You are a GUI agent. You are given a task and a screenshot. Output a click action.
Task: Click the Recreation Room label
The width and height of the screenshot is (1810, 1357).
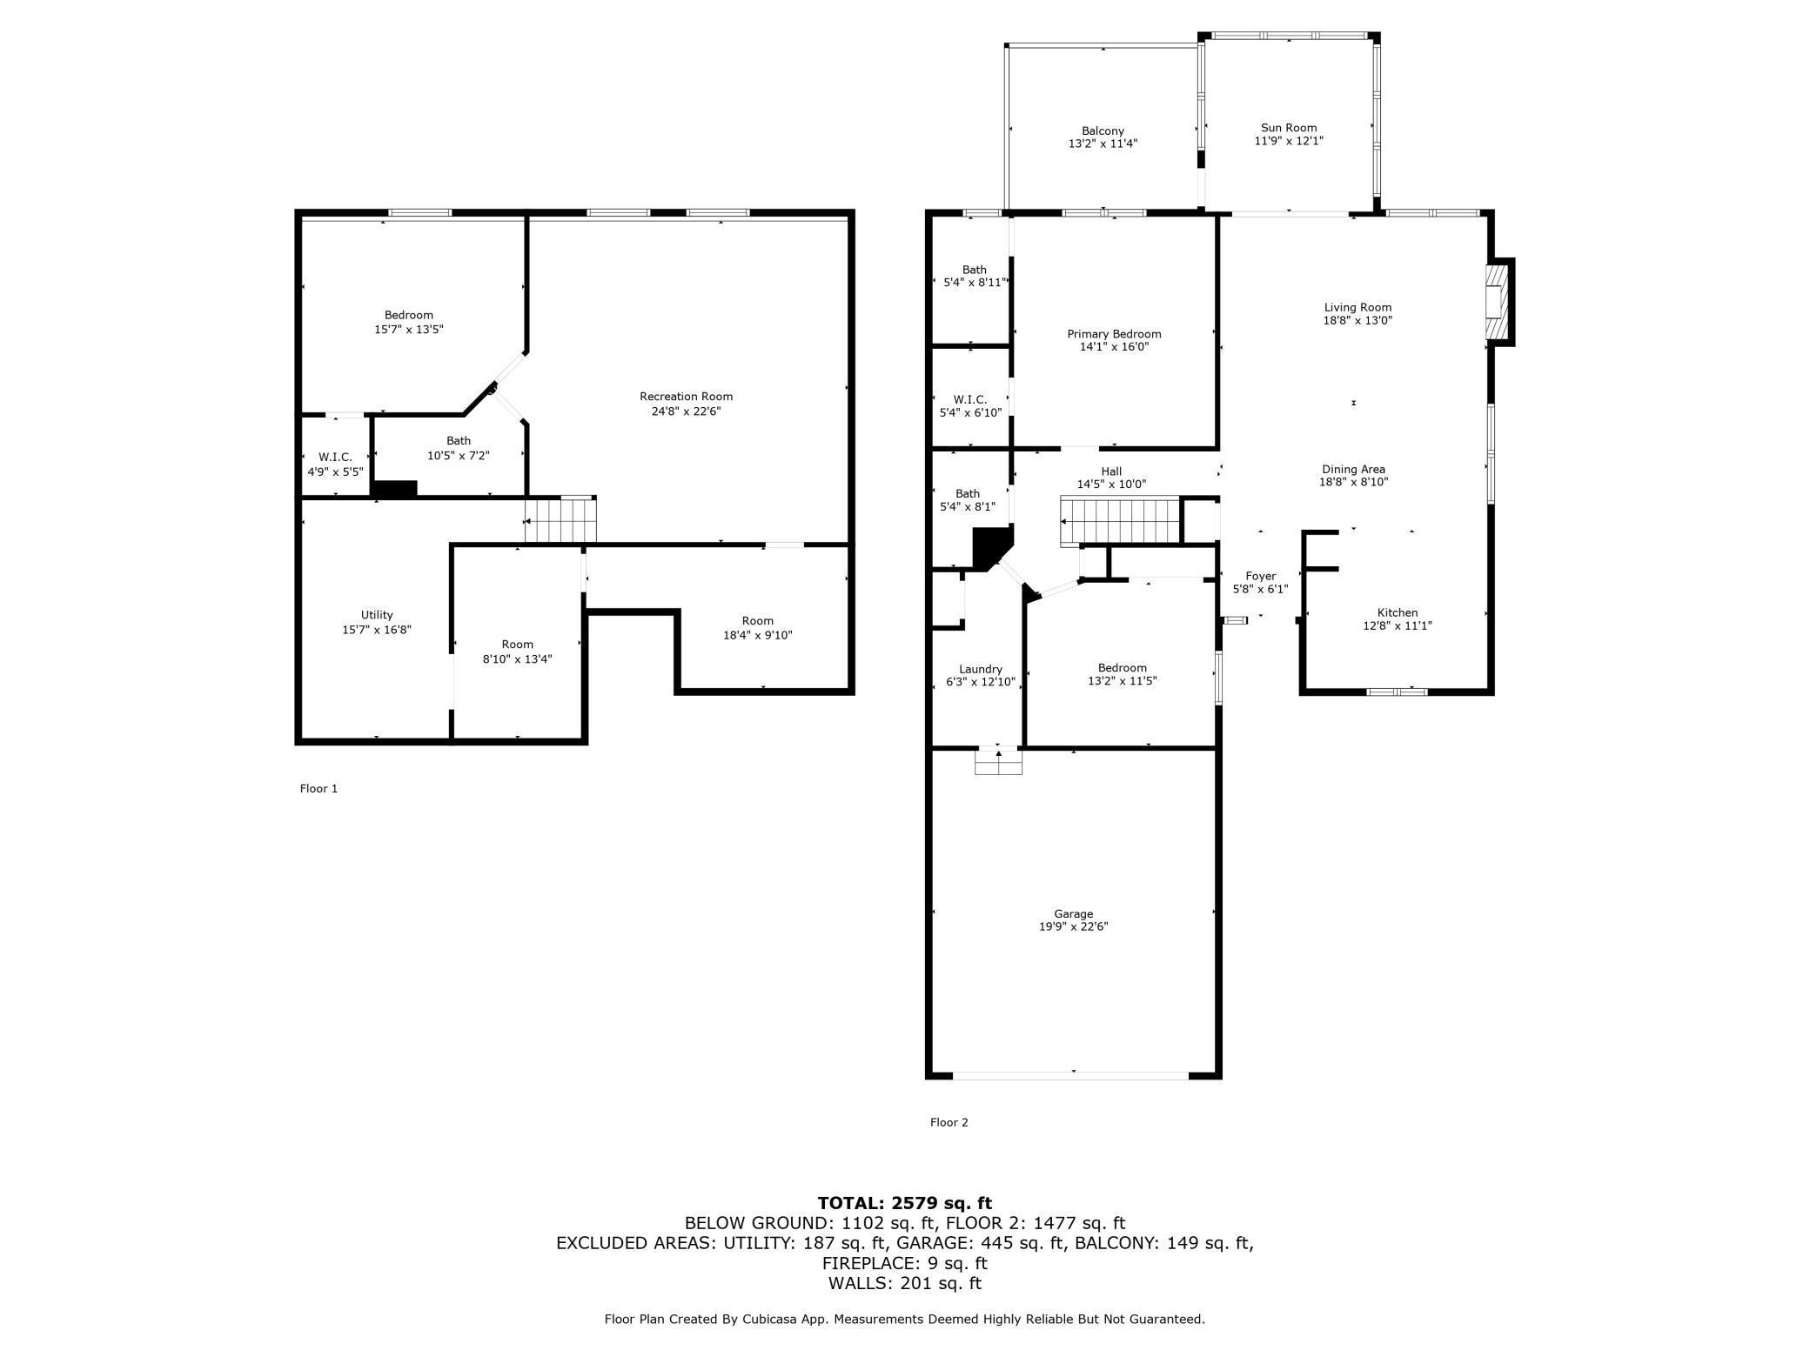686,397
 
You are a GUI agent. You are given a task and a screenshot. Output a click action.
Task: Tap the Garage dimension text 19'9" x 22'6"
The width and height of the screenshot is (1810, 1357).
1073,926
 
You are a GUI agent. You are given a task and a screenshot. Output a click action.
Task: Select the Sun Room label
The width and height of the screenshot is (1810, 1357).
1289,128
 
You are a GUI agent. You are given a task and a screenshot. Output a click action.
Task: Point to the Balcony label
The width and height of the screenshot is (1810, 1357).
1103,130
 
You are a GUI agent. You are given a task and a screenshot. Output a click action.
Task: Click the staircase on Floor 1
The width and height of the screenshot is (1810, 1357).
560,520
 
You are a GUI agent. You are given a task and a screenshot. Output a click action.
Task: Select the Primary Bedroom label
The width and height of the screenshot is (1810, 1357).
1114,334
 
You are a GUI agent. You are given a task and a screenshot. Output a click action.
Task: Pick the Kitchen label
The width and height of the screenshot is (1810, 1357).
1398,612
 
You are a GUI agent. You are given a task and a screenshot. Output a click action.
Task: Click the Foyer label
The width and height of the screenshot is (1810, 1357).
1260,576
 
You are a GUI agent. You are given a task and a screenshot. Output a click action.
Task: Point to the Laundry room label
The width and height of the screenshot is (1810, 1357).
981,669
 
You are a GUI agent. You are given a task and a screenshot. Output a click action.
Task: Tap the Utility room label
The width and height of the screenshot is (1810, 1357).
377,615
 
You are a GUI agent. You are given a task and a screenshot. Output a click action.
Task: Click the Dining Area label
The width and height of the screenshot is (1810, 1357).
1353,469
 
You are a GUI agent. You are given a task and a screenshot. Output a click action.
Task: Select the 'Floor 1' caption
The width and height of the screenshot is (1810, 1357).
318,788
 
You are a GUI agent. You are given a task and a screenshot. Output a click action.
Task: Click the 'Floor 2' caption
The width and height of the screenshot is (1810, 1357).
949,1122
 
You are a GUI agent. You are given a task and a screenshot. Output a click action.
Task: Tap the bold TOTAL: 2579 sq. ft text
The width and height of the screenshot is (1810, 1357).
905,1203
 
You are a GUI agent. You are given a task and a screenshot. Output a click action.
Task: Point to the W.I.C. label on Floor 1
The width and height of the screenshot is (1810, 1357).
335,457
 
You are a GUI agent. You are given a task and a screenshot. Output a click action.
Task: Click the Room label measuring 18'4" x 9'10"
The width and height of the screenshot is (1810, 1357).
757,620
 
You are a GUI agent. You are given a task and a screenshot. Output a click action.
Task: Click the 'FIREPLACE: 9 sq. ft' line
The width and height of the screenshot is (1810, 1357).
905,1263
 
